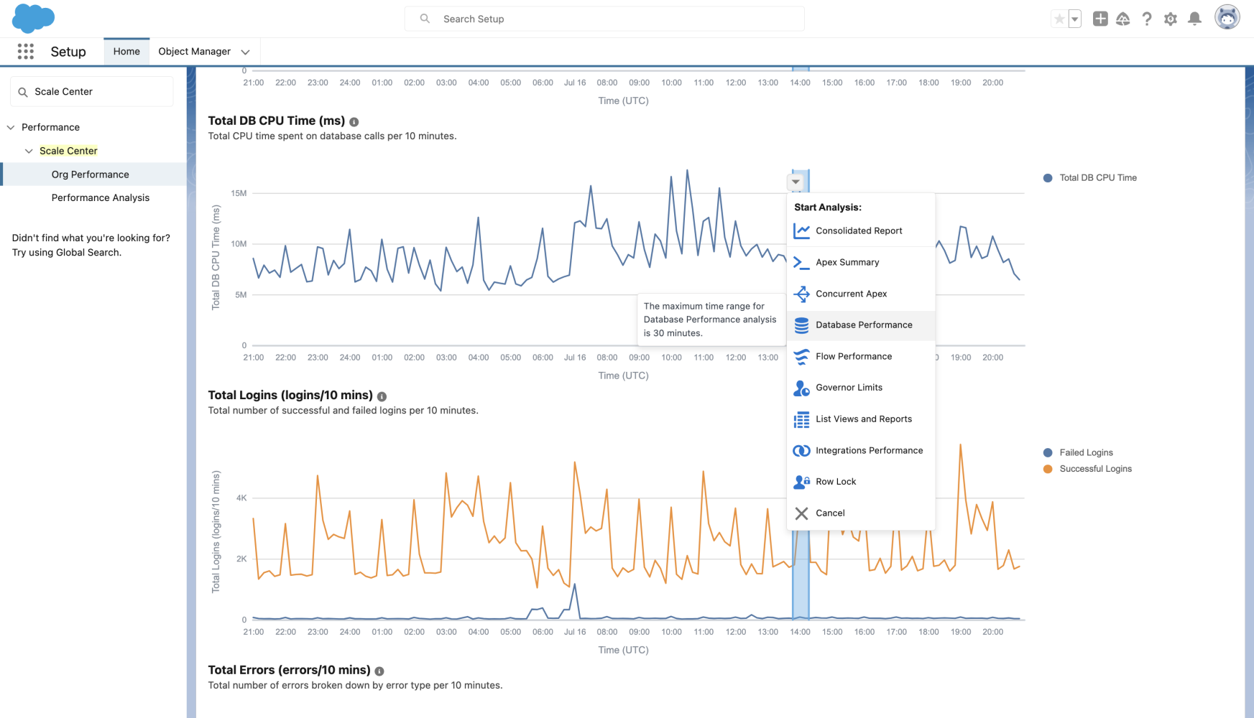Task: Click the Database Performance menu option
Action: click(x=863, y=325)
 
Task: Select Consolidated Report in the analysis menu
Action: click(x=858, y=231)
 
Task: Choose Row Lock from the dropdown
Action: click(x=835, y=482)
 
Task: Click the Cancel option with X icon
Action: click(x=829, y=513)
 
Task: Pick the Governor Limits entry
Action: click(x=848, y=388)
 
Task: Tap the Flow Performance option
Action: click(x=853, y=357)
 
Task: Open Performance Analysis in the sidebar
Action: click(x=100, y=198)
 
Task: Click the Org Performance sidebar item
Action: click(x=90, y=174)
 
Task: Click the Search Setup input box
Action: click(x=604, y=19)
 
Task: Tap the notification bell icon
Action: click(x=1194, y=19)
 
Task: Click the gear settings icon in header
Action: click(x=1171, y=19)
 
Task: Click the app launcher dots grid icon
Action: click(x=26, y=52)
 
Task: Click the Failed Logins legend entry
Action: click(x=1085, y=453)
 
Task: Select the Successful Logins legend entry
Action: click(x=1094, y=469)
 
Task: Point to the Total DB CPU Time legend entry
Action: click(x=1097, y=178)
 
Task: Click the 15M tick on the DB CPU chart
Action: click(x=239, y=193)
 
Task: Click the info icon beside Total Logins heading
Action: click(x=382, y=396)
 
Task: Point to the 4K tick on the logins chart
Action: click(x=241, y=498)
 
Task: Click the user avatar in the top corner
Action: click(x=1227, y=17)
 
